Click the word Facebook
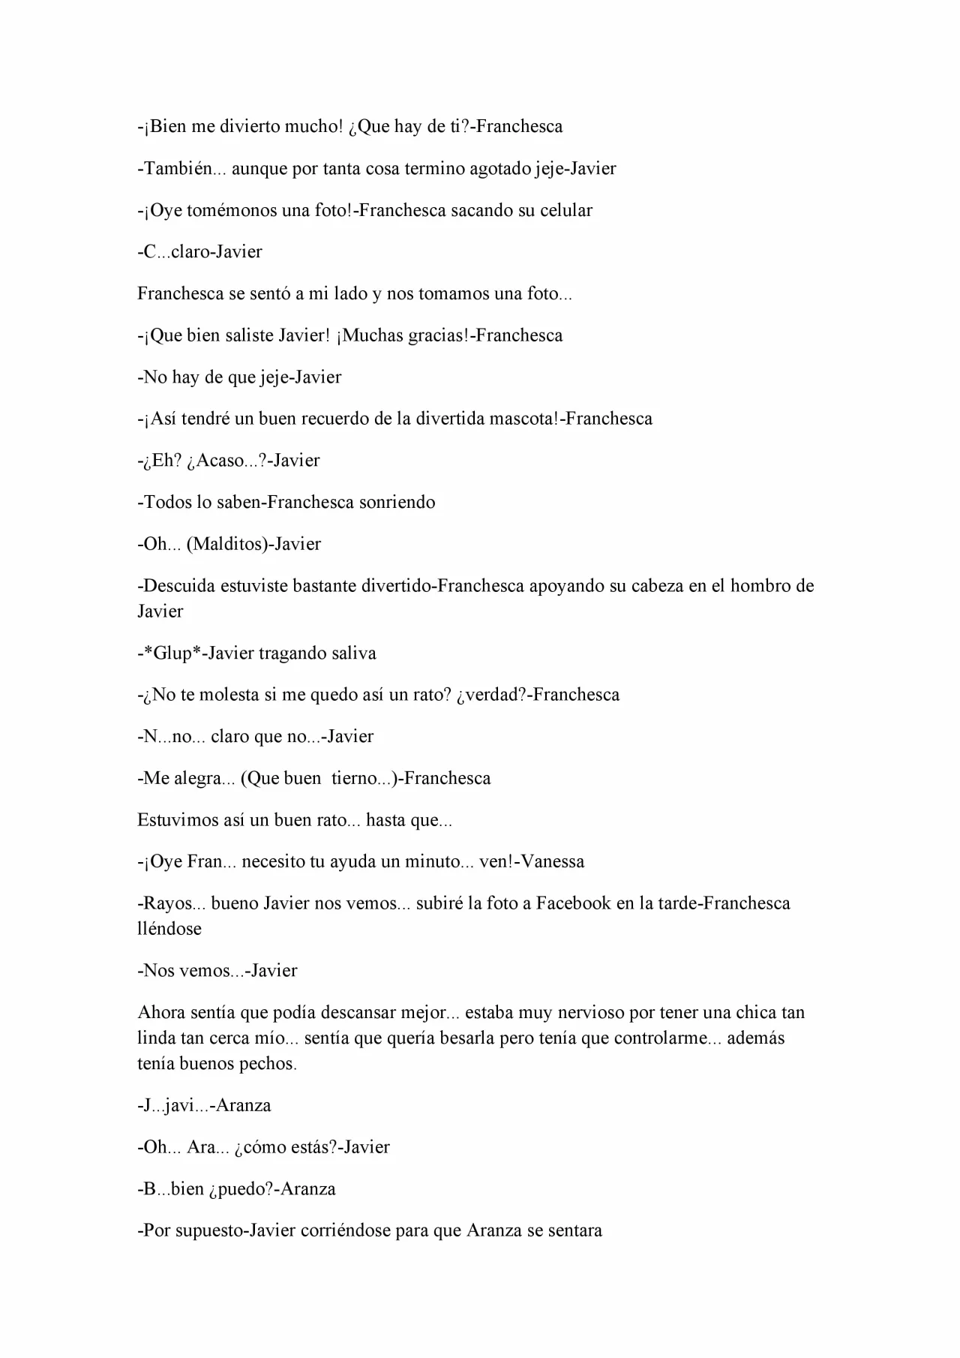[x=574, y=903]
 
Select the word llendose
[x=169, y=929]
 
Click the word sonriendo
[x=397, y=502]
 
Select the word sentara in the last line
[x=574, y=1231]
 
